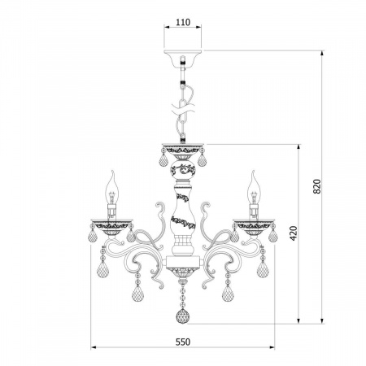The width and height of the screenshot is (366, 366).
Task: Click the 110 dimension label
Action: pyautogui.click(x=183, y=22)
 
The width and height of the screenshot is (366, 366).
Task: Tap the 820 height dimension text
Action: pyautogui.click(x=316, y=186)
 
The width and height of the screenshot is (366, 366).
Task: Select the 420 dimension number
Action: pyautogui.click(x=294, y=233)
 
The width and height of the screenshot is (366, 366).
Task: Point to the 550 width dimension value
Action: pyautogui.click(x=183, y=342)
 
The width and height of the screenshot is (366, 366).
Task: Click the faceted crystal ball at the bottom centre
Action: pyautogui.click(x=183, y=316)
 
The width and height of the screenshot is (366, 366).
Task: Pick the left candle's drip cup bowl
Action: pyautogui.click(x=112, y=227)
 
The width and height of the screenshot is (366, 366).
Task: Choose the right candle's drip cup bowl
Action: pyautogui.click(x=254, y=227)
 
